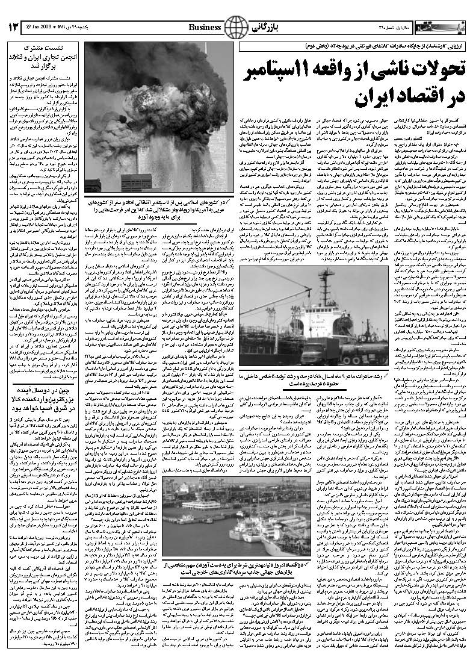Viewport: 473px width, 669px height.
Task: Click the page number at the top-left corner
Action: (x=14, y=27)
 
